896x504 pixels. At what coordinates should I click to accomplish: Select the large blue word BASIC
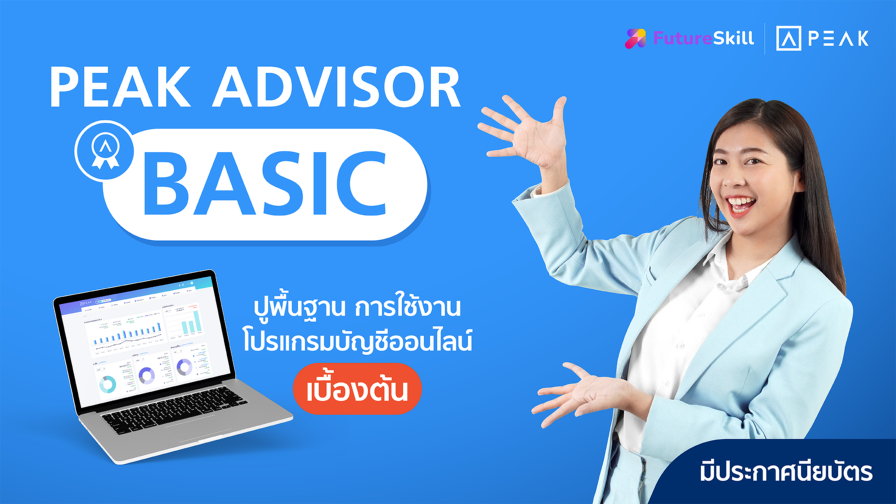point(266,185)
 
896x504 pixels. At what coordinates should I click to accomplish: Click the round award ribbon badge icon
point(105,151)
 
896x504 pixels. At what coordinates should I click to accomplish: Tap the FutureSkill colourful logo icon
point(635,38)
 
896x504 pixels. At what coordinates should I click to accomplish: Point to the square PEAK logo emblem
point(788,38)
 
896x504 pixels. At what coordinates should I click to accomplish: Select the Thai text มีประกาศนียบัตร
point(786,472)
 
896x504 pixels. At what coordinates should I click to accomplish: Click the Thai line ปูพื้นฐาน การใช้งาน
point(357,308)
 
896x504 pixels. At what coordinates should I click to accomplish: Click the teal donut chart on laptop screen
point(108,384)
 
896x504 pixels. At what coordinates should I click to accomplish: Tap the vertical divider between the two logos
point(764,38)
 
